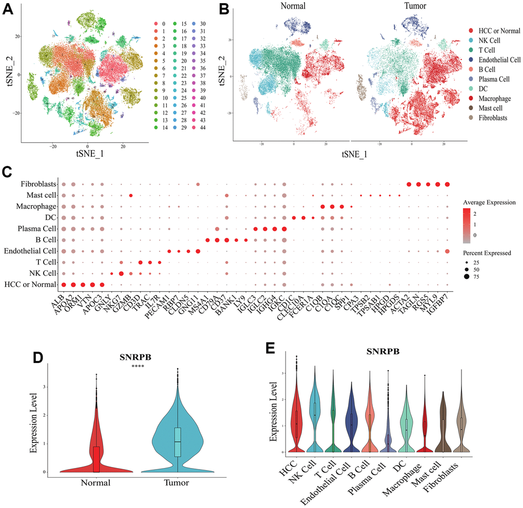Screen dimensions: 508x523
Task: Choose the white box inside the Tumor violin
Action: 177,442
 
